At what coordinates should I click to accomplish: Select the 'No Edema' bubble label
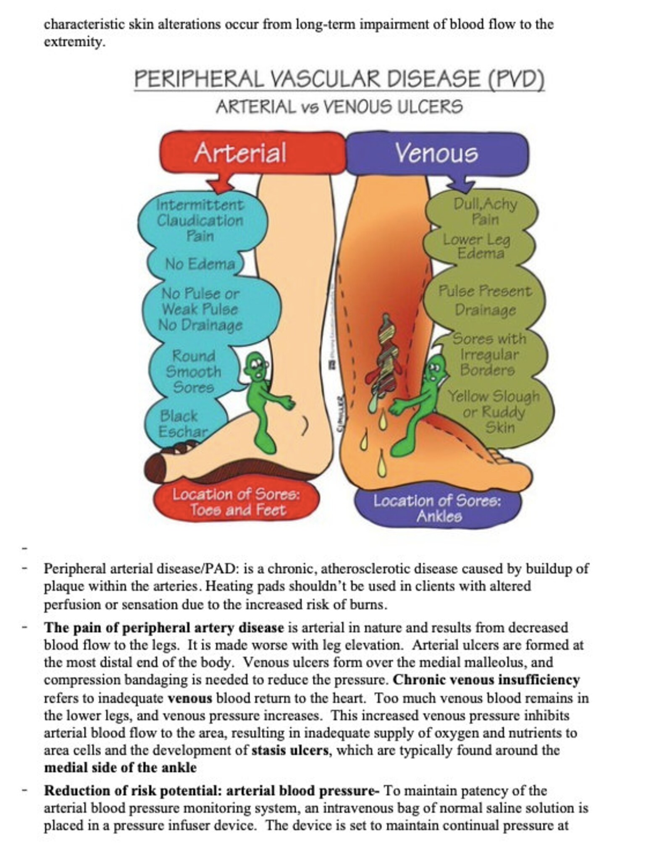click(200, 264)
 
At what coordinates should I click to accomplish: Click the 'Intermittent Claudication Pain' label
click(200, 221)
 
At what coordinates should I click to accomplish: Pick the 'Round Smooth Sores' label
click(194, 372)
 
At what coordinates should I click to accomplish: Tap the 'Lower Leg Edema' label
click(477, 247)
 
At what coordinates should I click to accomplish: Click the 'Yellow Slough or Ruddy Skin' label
click(494, 412)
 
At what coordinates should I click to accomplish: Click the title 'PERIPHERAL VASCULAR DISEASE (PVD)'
click(339, 79)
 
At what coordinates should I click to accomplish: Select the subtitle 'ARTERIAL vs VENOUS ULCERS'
click(339, 107)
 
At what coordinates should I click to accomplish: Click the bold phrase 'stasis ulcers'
click(290, 750)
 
